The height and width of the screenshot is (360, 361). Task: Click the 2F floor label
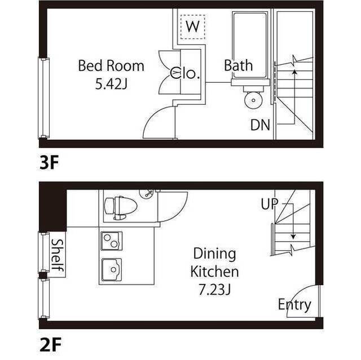pyautogui.click(x=50, y=343)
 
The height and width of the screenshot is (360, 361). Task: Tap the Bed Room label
pyautogui.click(x=111, y=66)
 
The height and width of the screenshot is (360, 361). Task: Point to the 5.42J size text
pyautogui.click(x=111, y=85)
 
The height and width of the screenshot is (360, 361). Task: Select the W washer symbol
pyautogui.click(x=193, y=26)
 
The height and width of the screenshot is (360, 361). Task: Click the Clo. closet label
pyautogui.click(x=186, y=73)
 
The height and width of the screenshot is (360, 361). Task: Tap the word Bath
pyautogui.click(x=238, y=65)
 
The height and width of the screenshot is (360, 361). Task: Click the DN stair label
pyautogui.click(x=261, y=125)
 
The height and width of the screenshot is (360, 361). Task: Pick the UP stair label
pyautogui.click(x=268, y=204)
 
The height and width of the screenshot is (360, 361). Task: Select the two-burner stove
pyautogui.click(x=112, y=241)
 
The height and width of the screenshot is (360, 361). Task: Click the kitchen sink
pyautogui.click(x=112, y=268)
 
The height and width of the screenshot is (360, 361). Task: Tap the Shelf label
pyautogui.click(x=57, y=257)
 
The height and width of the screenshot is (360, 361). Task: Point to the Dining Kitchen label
pyautogui.click(x=214, y=263)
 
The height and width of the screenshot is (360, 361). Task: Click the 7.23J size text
pyautogui.click(x=214, y=290)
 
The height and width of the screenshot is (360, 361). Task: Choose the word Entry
pyautogui.click(x=294, y=305)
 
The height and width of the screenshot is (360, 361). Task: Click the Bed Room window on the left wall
pyautogui.click(x=43, y=98)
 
